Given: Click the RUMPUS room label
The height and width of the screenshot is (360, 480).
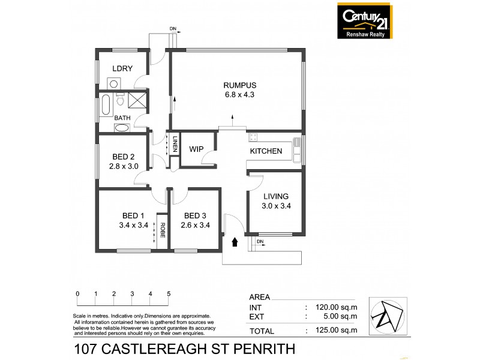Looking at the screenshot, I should pos(236,85).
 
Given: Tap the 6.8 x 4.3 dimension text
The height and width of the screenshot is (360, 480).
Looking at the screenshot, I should pos(236,94).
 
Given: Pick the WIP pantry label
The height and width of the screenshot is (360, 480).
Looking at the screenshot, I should pos(196,149).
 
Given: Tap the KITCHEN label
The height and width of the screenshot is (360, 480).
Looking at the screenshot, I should pos(266,151).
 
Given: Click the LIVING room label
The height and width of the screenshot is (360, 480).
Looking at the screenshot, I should pos(276,196).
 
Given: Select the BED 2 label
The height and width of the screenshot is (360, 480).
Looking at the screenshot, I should pos(124,156).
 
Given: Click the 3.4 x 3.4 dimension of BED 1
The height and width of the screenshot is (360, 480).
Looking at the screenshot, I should pos(134,226).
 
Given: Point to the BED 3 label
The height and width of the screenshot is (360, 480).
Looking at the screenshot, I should pos(196,216).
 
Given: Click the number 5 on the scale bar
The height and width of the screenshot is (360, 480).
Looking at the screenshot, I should pos(169,293).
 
